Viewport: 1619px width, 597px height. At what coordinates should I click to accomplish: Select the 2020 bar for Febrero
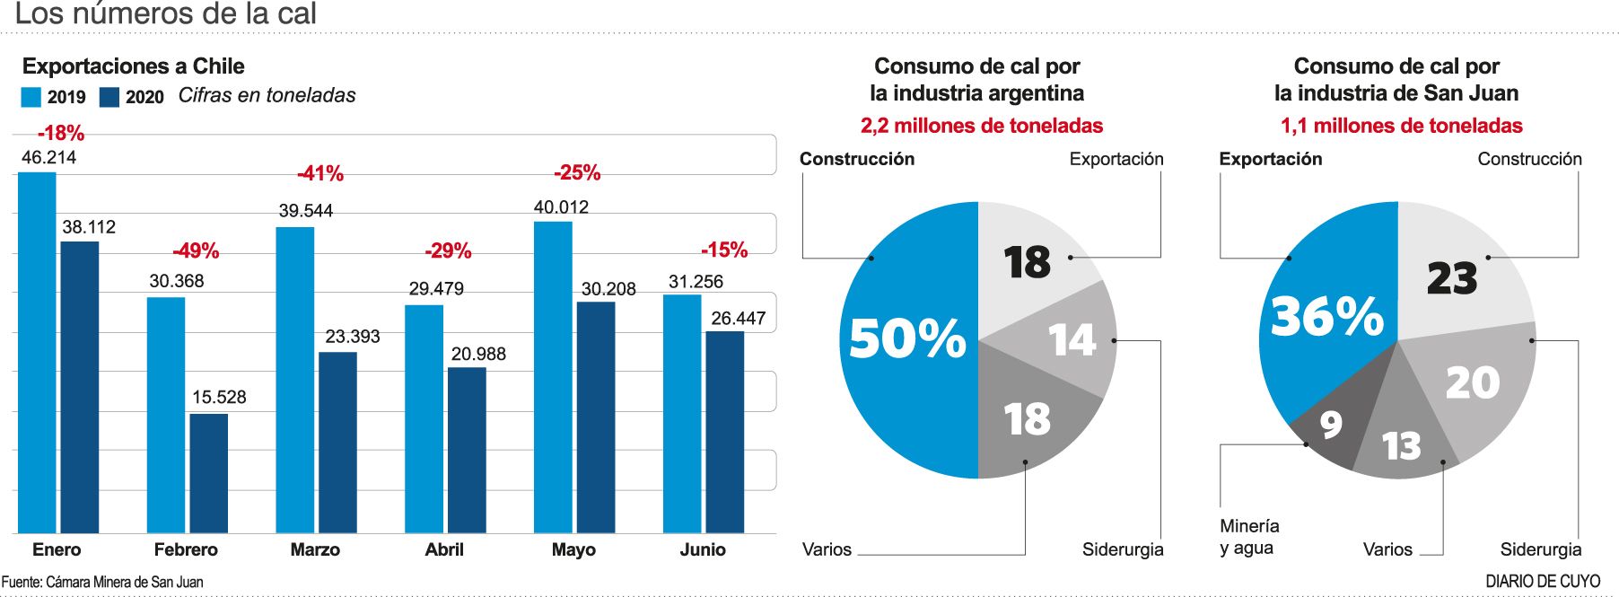208,473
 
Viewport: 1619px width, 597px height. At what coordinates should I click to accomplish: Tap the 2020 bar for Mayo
596,417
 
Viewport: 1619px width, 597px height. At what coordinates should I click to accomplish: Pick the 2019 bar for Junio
682,414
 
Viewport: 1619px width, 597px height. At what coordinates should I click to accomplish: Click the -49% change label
196,250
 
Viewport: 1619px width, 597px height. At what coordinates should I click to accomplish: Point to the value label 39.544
305,211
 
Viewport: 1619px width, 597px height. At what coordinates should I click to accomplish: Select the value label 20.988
478,354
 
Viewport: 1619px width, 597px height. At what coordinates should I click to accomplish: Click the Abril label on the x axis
444,549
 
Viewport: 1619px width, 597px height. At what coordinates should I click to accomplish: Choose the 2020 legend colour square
109,97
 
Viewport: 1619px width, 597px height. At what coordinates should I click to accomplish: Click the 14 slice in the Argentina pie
1072,340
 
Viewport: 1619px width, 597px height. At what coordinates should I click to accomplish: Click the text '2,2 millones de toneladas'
981,126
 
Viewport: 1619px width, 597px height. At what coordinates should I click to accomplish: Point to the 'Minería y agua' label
1249,537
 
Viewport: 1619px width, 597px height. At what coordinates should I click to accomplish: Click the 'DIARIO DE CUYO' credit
1543,582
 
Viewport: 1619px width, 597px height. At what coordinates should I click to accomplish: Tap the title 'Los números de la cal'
166,13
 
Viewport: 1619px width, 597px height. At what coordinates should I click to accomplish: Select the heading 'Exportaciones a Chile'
133,66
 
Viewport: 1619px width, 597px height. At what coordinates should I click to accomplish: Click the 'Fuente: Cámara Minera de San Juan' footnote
102,582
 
